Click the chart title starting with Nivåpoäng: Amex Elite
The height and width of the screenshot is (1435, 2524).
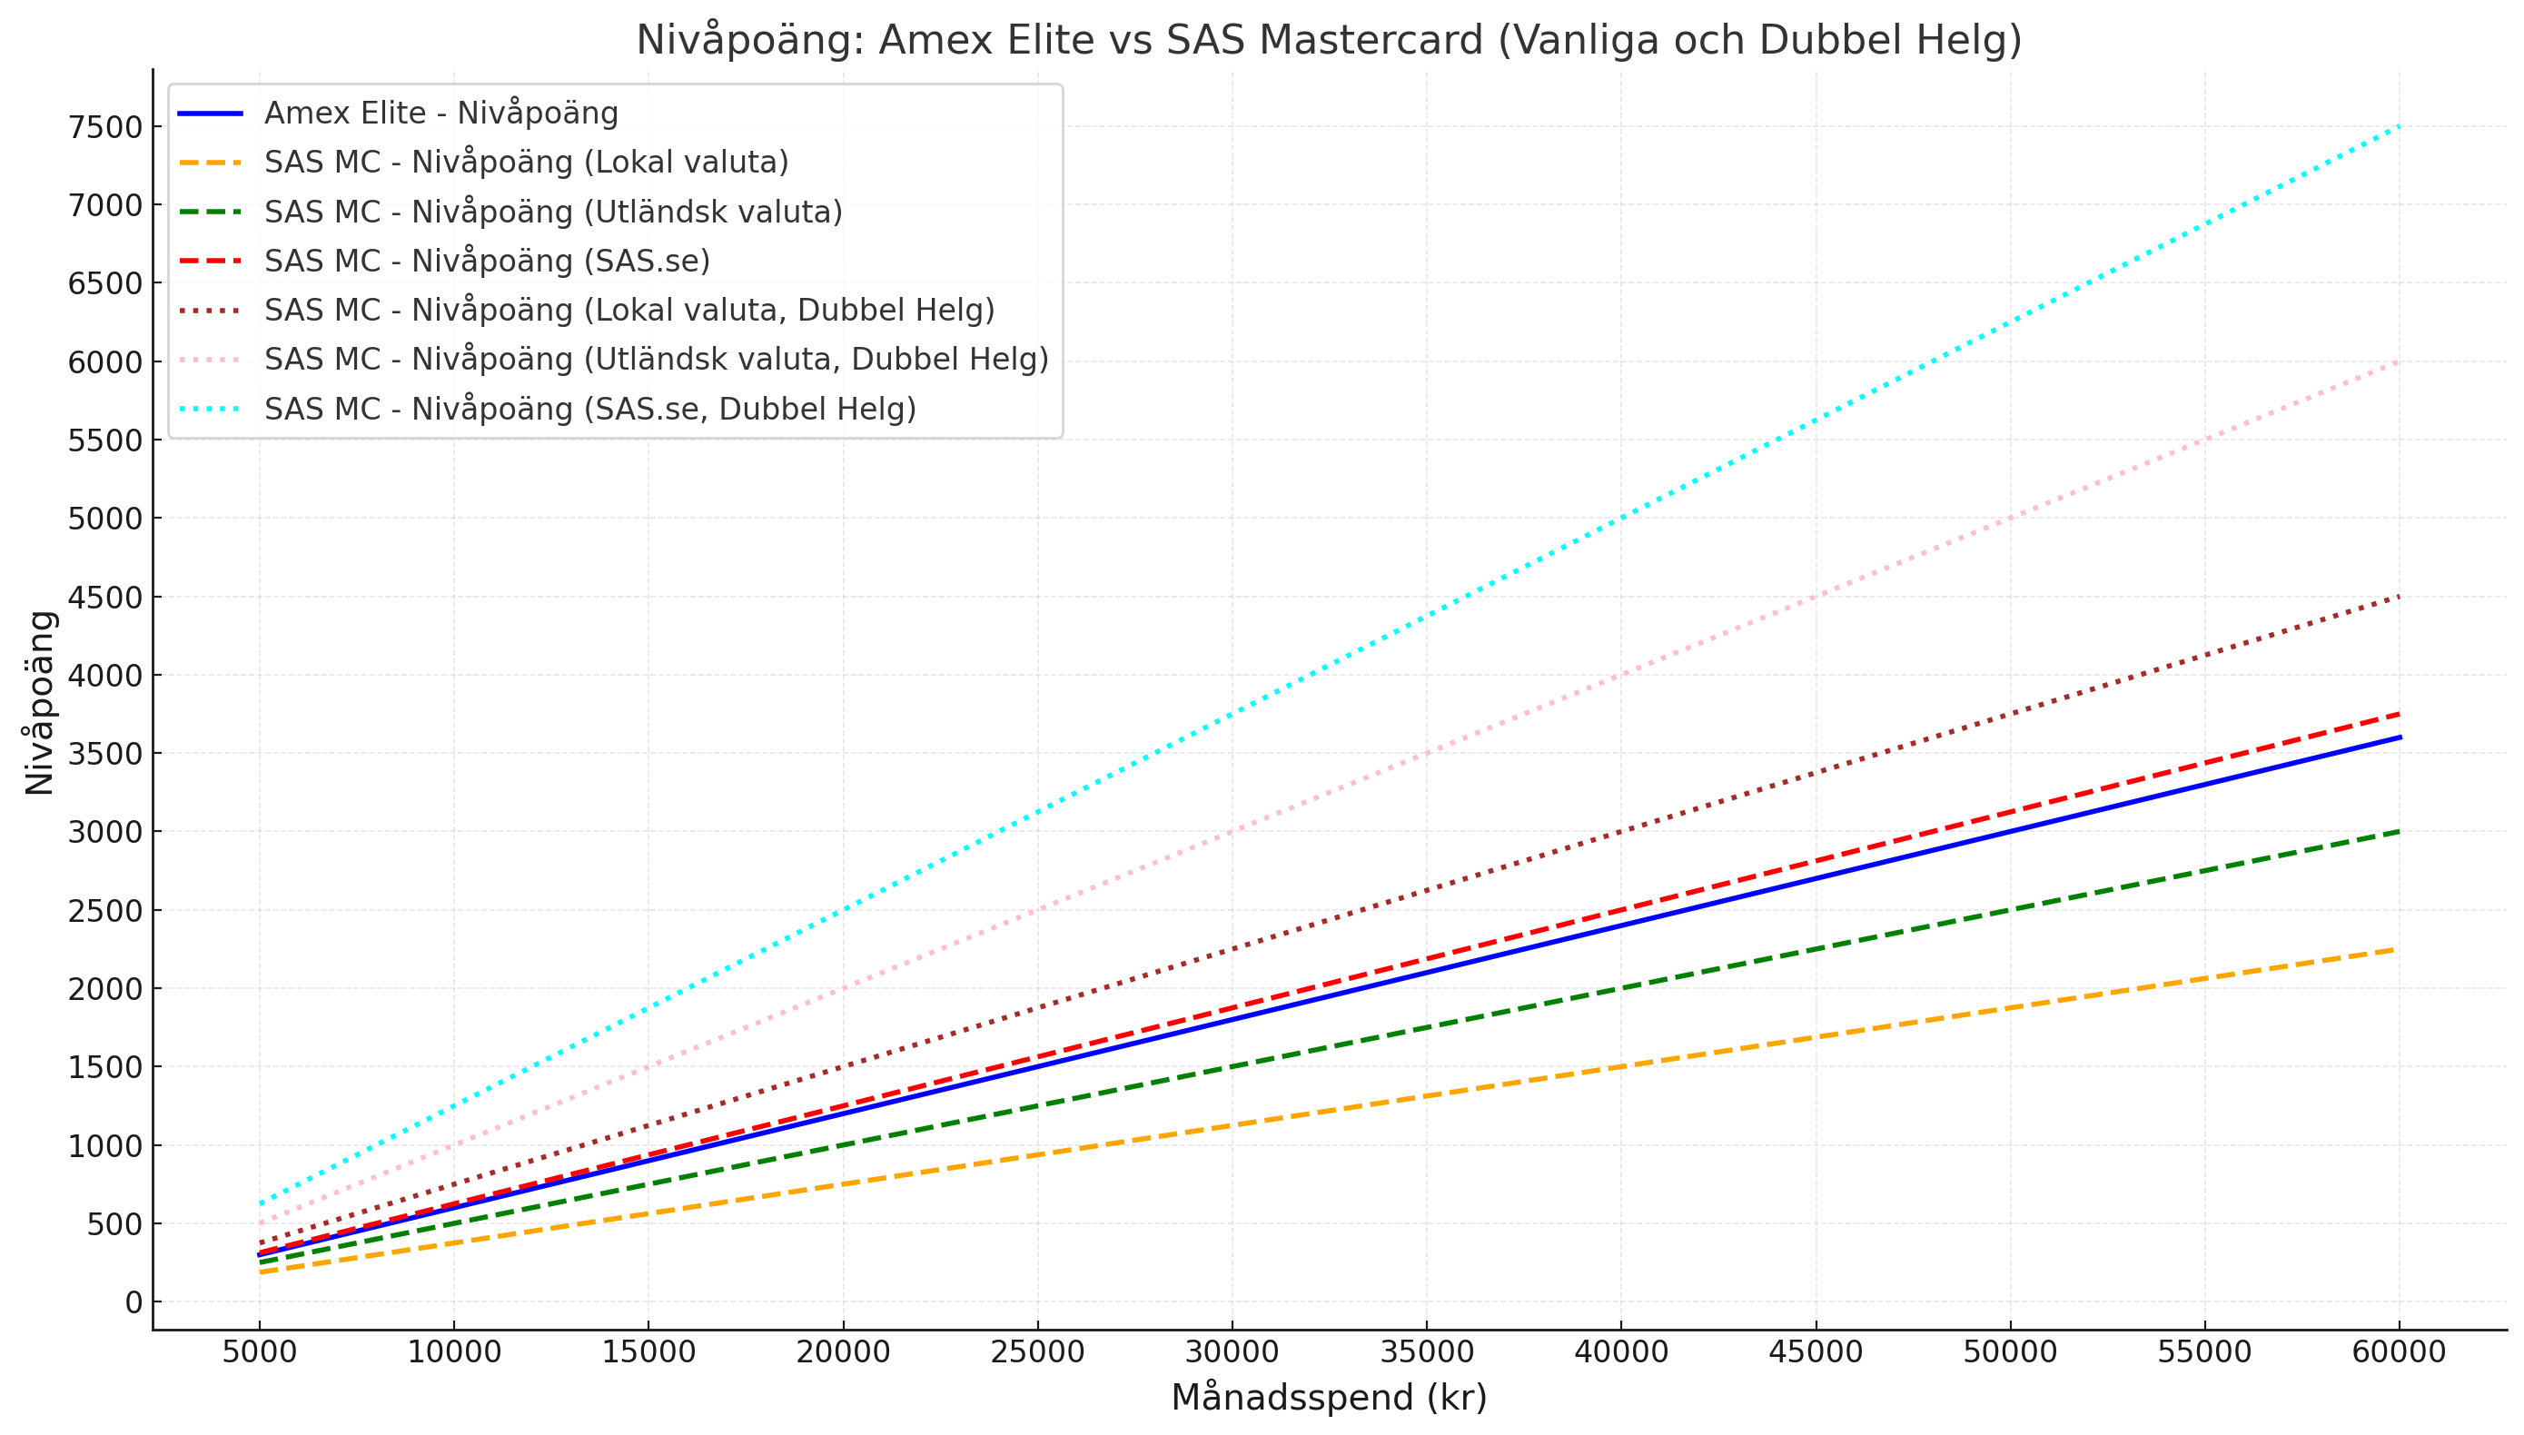[x=1329, y=40]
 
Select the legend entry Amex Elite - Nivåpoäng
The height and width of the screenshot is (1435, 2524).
[x=440, y=114]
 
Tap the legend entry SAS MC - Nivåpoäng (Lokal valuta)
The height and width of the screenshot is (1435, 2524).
[x=526, y=163]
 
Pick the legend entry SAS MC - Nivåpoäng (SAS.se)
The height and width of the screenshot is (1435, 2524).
[x=487, y=262]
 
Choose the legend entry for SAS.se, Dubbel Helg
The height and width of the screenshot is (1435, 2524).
[x=589, y=409]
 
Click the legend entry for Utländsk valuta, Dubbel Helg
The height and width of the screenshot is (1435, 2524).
[x=656, y=360]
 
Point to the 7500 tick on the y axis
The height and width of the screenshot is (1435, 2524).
[x=105, y=127]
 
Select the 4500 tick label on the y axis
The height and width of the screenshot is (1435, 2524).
[x=105, y=598]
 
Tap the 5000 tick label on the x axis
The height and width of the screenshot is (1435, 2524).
[x=259, y=1352]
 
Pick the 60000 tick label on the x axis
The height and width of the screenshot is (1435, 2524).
[x=2399, y=1352]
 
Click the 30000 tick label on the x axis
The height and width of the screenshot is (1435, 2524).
[x=1232, y=1352]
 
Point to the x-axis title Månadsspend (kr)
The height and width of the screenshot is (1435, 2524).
[x=1329, y=1398]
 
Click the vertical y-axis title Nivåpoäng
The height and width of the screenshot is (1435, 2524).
[x=40, y=702]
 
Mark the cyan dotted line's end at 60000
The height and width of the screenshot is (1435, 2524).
[x=2399, y=127]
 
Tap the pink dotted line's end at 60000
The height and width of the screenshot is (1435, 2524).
[x=2399, y=361]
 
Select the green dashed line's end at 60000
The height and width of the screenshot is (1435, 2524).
[x=2399, y=832]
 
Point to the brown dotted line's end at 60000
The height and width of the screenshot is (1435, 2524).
[x=2399, y=598]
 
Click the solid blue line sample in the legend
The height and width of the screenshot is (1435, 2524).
[x=210, y=114]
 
